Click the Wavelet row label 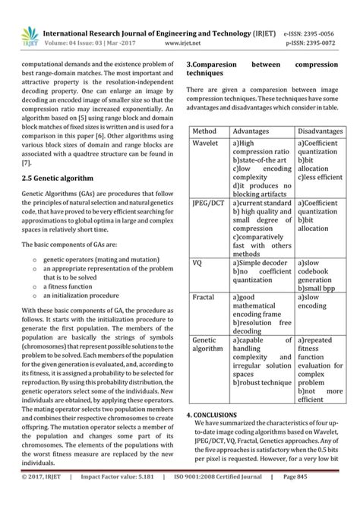point(206,143)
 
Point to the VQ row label point(197,262)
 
